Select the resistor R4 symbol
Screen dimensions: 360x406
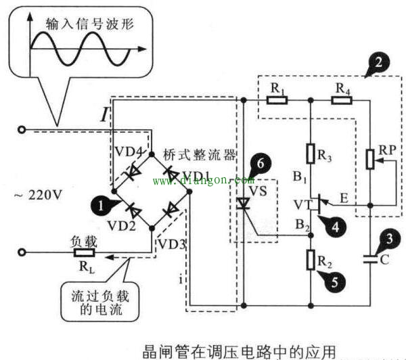(x=341, y=100)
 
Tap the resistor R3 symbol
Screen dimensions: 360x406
(x=310, y=153)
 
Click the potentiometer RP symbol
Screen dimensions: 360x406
(x=371, y=159)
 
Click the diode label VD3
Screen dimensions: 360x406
(x=171, y=243)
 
